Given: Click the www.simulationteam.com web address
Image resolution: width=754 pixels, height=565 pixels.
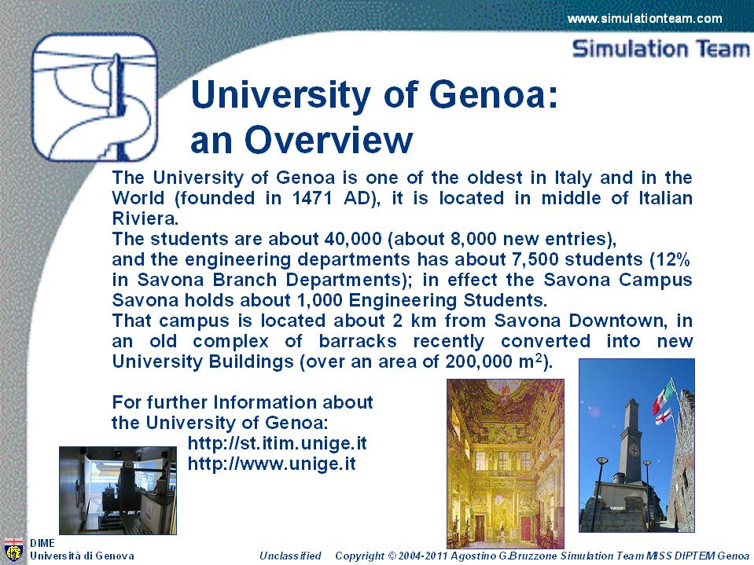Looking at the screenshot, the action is pos(645,19).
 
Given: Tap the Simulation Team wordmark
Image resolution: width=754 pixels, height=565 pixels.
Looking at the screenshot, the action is pos(661,49).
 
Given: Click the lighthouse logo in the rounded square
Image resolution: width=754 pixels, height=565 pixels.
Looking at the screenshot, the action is pos(94,97).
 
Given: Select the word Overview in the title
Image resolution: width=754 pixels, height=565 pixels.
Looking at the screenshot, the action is pos(329,140).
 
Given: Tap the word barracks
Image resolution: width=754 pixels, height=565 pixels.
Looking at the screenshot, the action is pos(358,340).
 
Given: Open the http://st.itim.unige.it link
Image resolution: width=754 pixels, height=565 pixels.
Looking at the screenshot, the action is pos(277,443).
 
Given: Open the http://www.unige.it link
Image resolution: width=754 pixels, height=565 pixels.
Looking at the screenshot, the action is pos(272,464).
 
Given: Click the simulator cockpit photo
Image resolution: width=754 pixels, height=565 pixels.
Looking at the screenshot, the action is pos(118,490).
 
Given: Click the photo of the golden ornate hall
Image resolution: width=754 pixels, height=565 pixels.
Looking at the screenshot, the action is pos(506,463).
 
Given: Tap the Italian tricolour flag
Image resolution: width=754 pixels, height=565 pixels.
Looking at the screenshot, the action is pos(664,396).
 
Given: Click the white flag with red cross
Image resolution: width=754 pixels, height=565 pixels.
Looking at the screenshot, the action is pos(664,416).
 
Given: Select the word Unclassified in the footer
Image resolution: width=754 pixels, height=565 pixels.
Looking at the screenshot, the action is pos(290,556).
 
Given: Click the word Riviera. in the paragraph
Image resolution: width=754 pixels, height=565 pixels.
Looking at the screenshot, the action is pos(145,218).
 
